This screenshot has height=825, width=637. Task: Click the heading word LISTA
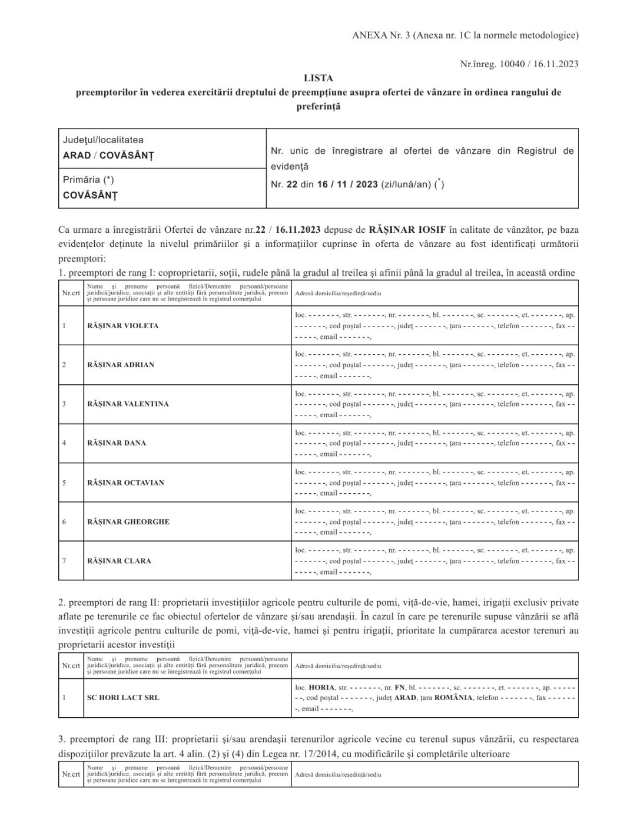coord(318,78)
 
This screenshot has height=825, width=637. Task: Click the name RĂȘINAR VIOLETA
coord(122,326)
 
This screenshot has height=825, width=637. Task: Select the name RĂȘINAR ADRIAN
coord(121,365)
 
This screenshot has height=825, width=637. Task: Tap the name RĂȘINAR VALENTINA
coord(128,404)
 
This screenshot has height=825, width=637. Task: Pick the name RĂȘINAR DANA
coord(117,443)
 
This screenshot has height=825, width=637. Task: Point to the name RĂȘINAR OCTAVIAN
coord(125,483)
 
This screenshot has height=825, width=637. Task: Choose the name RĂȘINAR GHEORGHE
coord(128,522)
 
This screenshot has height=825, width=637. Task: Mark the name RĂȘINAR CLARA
coord(119,561)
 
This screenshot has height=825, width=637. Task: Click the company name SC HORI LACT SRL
coord(123,698)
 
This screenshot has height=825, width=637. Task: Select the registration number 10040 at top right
coord(510,64)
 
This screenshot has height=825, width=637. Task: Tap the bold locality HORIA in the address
coord(321,687)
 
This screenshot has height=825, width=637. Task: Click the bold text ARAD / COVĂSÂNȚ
coord(108,156)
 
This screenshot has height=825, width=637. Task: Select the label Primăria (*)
coord(88,180)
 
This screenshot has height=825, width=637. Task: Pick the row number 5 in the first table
coord(64,483)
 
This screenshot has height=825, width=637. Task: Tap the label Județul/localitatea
coord(103,140)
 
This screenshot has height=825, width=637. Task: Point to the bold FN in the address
coord(400,687)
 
